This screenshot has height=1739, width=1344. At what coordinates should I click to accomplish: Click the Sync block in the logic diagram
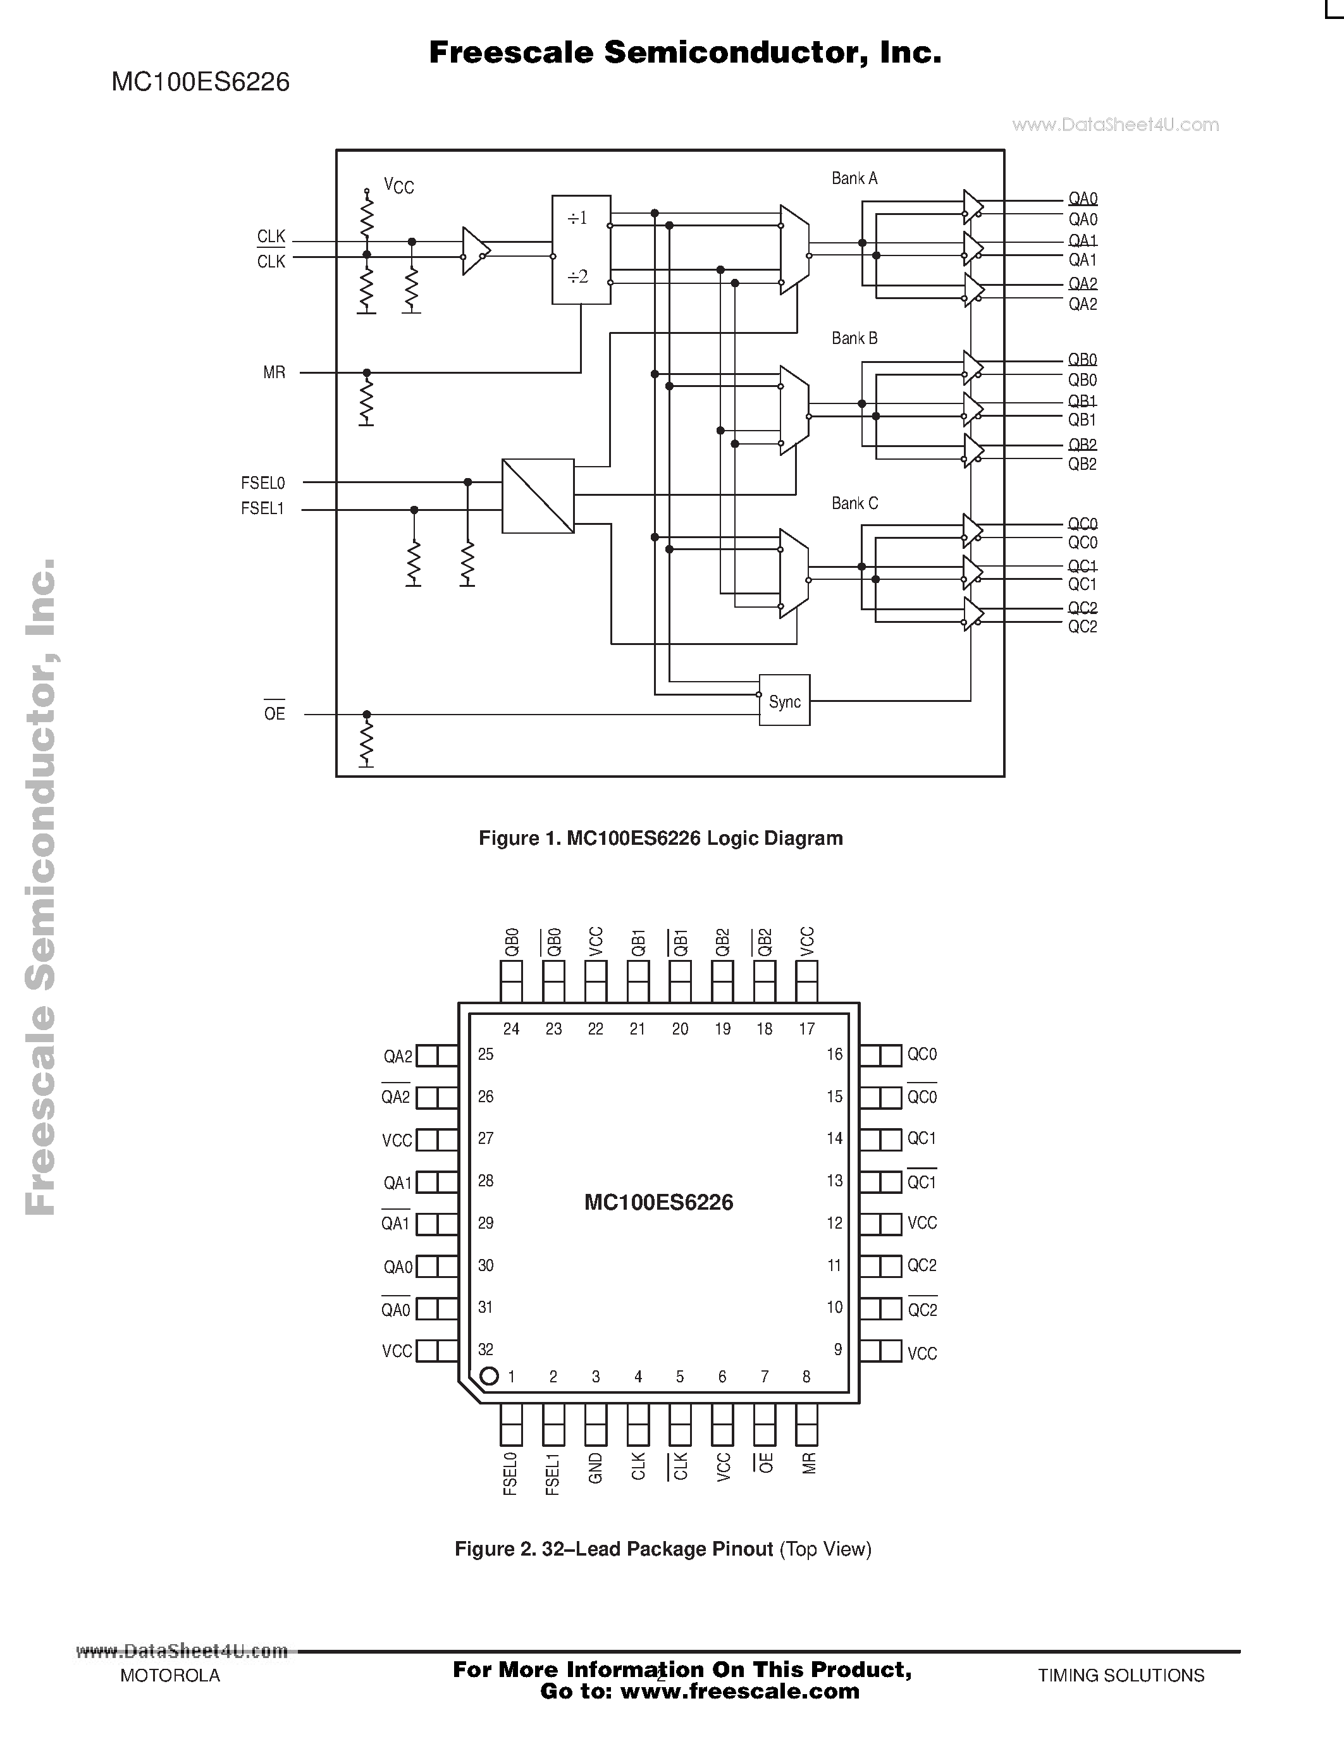[784, 701]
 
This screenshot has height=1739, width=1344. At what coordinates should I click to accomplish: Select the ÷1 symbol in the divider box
[577, 218]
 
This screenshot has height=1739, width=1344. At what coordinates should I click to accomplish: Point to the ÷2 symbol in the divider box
[577, 277]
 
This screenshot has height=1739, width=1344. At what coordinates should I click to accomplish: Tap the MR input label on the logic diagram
[274, 372]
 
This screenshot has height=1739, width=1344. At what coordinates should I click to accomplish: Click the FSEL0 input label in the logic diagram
[262, 482]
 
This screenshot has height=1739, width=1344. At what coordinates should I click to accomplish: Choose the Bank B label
[854, 338]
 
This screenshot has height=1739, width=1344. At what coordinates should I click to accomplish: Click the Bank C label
[854, 503]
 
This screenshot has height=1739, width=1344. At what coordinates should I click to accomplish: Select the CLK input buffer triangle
[474, 251]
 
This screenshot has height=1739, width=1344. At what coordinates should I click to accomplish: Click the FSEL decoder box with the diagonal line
[538, 496]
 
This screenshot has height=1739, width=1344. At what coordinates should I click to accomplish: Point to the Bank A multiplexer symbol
[794, 249]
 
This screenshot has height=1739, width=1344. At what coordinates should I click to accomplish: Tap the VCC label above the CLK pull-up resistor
[399, 187]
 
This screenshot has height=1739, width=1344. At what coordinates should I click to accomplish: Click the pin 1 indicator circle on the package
[490, 1376]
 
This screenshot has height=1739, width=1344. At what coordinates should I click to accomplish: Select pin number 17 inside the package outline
[806, 1029]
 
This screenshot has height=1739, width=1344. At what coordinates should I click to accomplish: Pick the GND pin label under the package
[596, 1468]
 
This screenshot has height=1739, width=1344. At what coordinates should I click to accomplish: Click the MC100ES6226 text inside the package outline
[658, 1202]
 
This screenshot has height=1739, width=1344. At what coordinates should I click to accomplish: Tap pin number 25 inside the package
[486, 1054]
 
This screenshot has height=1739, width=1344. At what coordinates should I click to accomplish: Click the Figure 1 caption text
[660, 839]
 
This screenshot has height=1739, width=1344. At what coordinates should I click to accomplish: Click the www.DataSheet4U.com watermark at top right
[1116, 125]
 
